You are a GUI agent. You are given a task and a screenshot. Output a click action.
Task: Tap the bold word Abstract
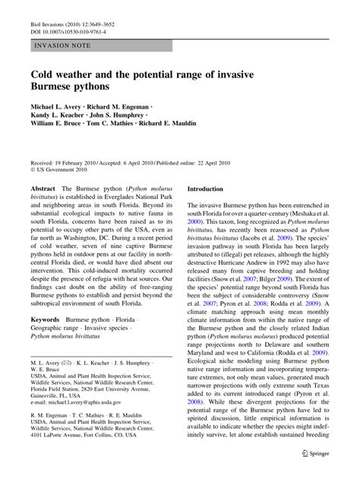click(x=42, y=188)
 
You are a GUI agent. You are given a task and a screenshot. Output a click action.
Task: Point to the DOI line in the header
click(x=65, y=20)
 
